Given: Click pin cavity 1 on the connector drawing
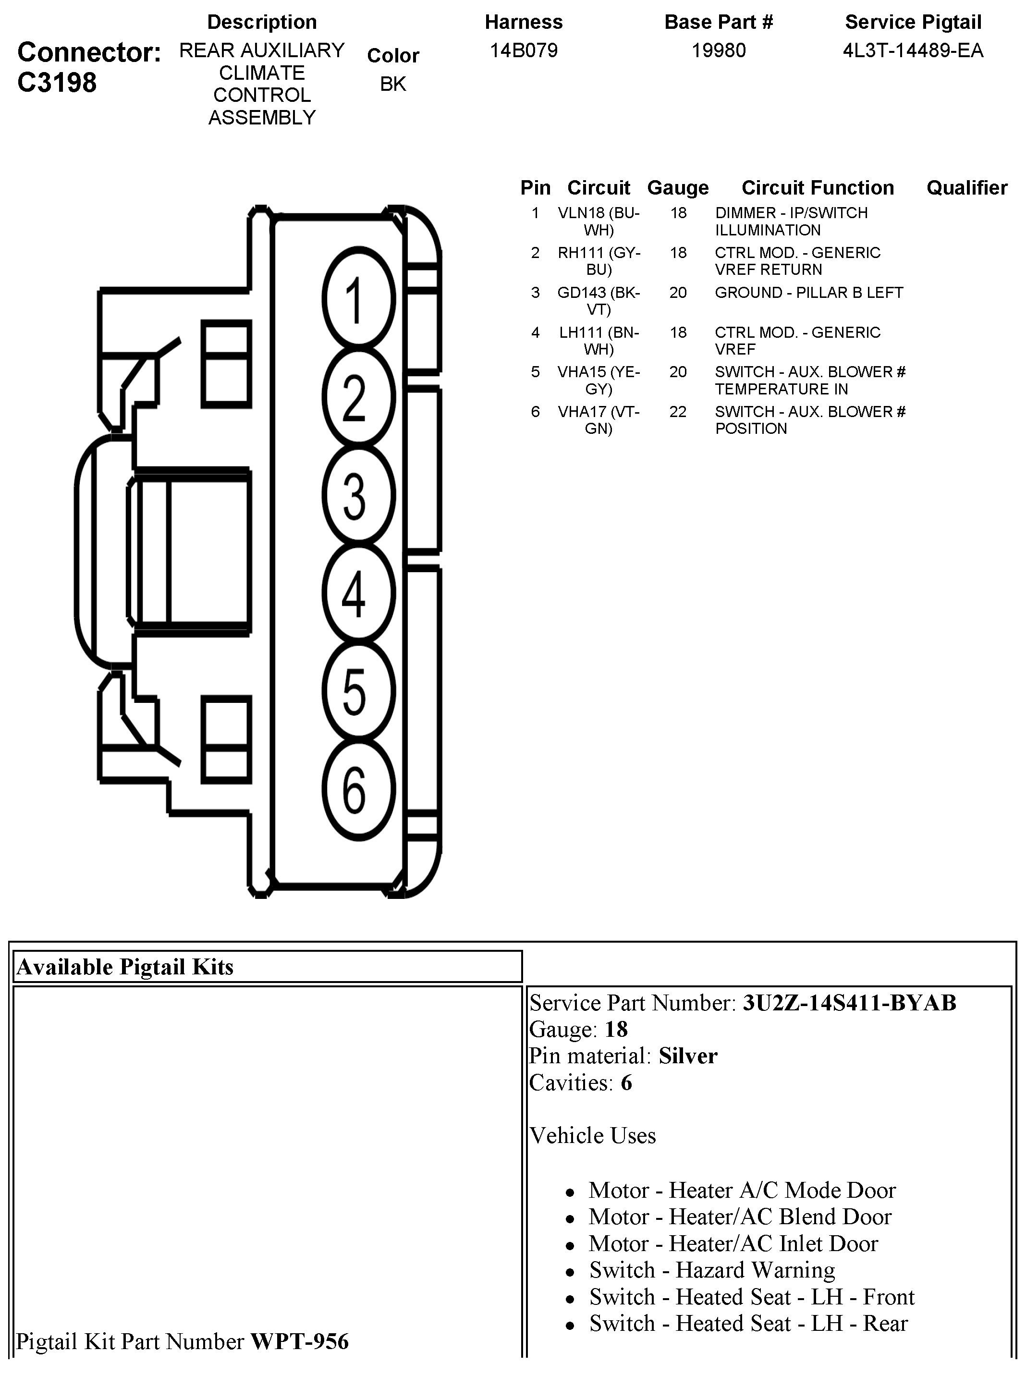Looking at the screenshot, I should [358, 298].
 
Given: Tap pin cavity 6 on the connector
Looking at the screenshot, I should [358, 790].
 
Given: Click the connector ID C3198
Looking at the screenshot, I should [57, 82].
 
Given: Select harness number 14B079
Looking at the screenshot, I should [524, 50].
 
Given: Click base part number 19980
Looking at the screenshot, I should [719, 50].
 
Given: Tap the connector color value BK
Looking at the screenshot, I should [392, 84].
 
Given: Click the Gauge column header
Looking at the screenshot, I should [678, 187].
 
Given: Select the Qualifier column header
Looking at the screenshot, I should [966, 187].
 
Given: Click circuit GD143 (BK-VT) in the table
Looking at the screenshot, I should [598, 301].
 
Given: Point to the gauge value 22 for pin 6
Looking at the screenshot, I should [678, 412].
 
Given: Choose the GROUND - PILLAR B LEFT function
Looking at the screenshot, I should [808, 293].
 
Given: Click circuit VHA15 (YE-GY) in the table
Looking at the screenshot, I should [598, 380].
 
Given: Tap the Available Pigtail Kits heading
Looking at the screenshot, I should [125, 967].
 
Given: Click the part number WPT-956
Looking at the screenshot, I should [299, 1341].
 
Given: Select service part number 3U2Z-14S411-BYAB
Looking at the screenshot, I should [849, 1003].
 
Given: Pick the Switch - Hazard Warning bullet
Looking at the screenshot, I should [712, 1270].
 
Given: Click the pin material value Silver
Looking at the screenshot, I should [687, 1056].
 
